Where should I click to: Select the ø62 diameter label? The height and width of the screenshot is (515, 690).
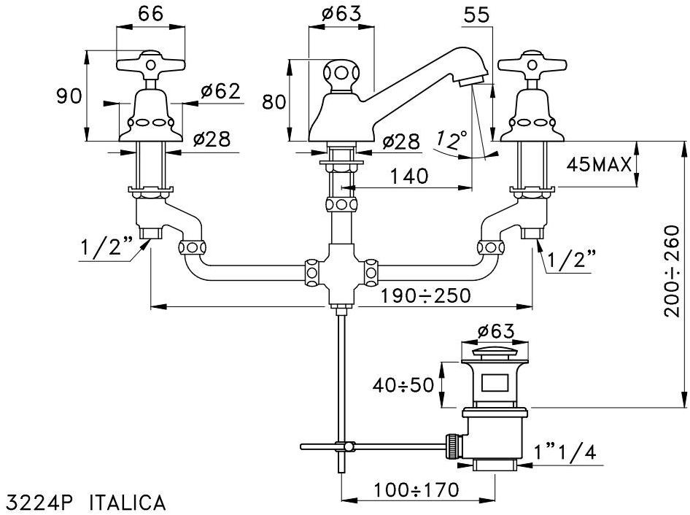coord(219,91)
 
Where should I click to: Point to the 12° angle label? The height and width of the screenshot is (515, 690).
coord(451,139)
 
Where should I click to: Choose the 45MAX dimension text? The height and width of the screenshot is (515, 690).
coord(599,164)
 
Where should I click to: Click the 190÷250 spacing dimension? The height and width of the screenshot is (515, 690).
coord(425,295)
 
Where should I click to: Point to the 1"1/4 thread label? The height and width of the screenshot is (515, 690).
coord(566,452)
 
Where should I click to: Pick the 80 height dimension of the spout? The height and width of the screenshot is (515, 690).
coord(273,102)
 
